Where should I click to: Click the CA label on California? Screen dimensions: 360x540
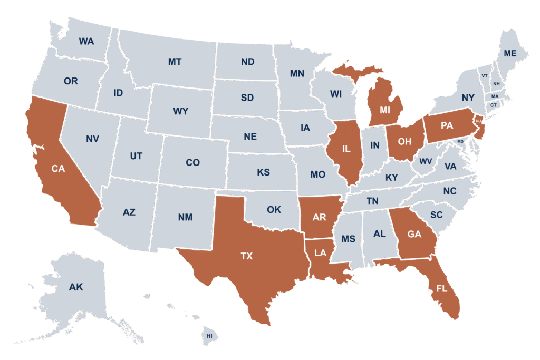(x=58, y=169)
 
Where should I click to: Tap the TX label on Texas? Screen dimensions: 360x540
(x=246, y=256)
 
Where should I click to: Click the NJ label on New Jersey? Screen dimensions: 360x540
(x=478, y=121)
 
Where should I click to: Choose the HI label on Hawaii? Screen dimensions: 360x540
(x=209, y=336)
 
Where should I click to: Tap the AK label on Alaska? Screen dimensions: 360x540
(x=76, y=287)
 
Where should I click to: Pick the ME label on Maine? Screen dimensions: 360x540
(x=510, y=53)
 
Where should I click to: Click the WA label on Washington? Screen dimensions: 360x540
(x=86, y=41)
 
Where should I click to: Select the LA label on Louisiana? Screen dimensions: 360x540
(x=320, y=253)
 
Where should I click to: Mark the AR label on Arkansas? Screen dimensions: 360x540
(x=319, y=218)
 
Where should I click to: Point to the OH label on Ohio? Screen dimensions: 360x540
(x=404, y=141)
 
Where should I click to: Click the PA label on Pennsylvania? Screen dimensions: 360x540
(x=447, y=125)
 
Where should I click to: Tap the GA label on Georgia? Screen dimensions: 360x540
(x=414, y=234)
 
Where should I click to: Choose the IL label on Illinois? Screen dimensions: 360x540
(x=345, y=149)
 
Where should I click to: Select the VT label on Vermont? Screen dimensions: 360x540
(x=484, y=76)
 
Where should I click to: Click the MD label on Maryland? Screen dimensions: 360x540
(x=460, y=142)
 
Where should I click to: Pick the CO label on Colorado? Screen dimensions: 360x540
(x=192, y=162)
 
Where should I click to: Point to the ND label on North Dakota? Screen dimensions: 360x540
(x=248, y=62)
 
